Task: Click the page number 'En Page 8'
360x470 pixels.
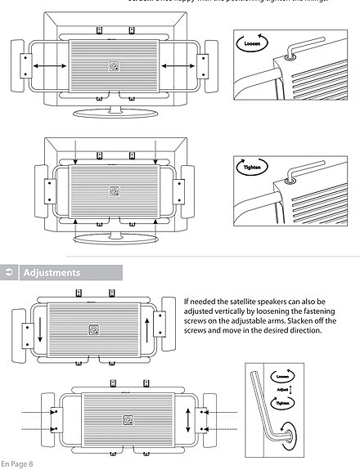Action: pos(17,464)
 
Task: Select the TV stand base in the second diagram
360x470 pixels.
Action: pos(114,239)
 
